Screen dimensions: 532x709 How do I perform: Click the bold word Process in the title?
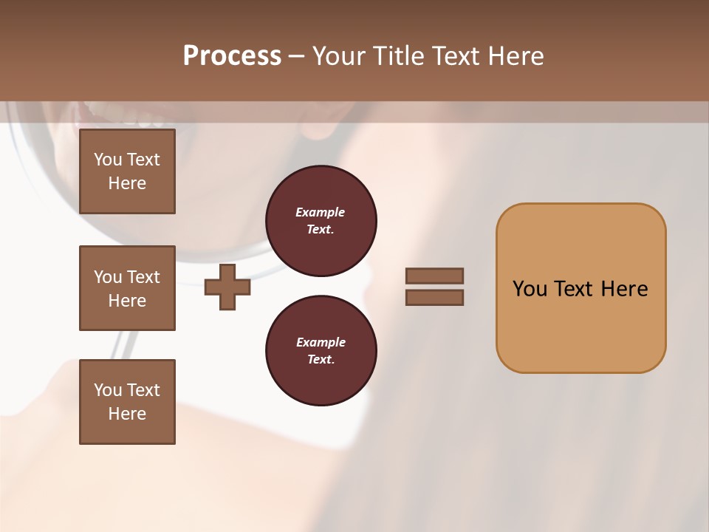click(232, 56)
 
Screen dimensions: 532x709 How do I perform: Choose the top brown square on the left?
click(127, 171)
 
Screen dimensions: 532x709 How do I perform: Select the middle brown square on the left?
click(127, 288)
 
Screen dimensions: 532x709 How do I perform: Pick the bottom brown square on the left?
click(127, 402)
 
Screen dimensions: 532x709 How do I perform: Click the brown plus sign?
click(227, 287)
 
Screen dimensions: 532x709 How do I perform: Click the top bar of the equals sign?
click(434, 276)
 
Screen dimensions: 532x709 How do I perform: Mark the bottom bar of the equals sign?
click(434, 298)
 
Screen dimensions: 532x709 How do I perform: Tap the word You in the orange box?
click(530, 289)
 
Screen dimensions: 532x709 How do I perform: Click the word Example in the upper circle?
click(320, 212)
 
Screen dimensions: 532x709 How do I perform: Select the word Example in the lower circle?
click(320, 342)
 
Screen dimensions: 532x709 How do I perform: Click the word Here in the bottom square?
click(127, 414)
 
